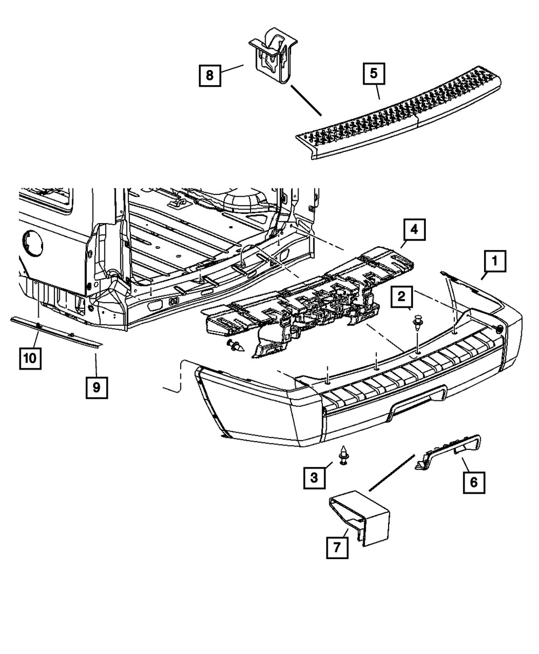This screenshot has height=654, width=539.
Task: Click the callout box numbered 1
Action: [494, 263]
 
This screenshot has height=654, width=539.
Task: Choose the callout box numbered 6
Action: [473, 482]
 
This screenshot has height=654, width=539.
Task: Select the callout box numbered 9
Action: [96, 387]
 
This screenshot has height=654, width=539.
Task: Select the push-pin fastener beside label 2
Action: [417, 323]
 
